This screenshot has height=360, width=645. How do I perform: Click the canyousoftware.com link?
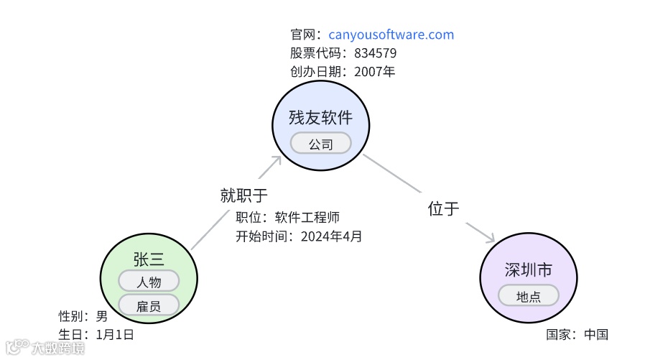pyautogui.click(x=391, y=34)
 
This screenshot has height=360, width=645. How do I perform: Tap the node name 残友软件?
pyautogui.click(x=320, y=117)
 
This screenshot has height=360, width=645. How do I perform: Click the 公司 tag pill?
pyautogui.click(x=320, y=144)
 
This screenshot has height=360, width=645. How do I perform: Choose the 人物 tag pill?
pyautogui.click(x=149, y=281)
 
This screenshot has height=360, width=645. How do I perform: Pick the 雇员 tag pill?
pyautogui.click(x=149, y=305)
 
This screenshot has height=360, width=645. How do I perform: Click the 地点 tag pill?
pyautogui.click(x=528, y=295)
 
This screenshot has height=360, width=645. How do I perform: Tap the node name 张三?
pyautogui.click(x=149, y=259)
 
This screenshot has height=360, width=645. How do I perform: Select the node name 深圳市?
pyautogui.click(x=528, y=270)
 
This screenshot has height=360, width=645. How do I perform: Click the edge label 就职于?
pyautogui.click(x=243, y=195)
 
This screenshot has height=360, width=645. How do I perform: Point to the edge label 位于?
pyautogui.click(x=443, y=208)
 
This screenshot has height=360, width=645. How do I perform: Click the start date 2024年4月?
pyautogui.click(x=331, y=236)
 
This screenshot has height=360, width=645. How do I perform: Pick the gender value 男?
pyautogui.click(x=101, y=315)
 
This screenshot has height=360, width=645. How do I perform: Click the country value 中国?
pyautogui.click(x=595, y=334)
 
